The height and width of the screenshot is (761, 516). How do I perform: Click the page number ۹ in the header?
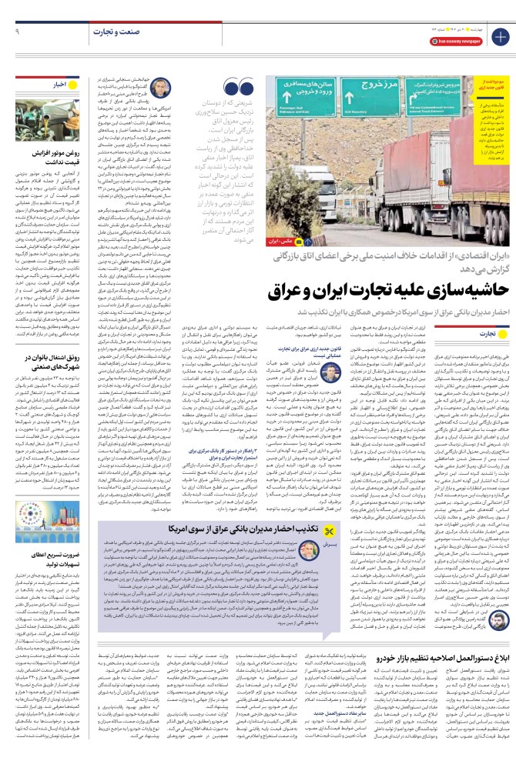pos(16,32)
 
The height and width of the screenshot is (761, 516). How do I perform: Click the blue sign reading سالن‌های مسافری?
pos(303,94)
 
